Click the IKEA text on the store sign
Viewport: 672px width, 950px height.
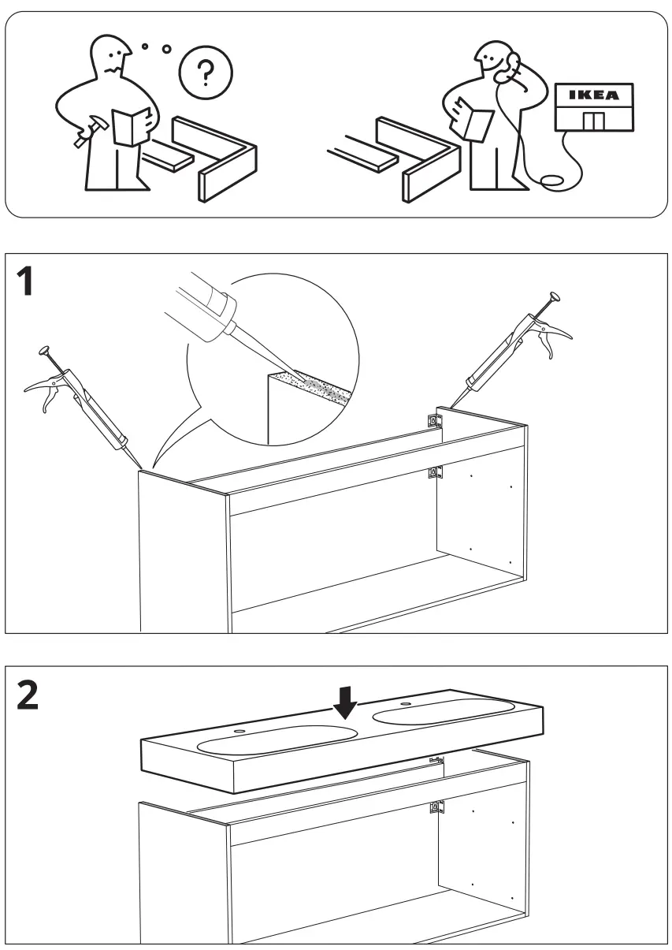click(x=595, y=95)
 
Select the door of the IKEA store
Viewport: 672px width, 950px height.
click(x=595, y=121)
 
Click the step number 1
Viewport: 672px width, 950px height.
click(x=27, y=281)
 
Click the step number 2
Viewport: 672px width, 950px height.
click(x=29, y=695)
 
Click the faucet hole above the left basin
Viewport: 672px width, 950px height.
click(x=237, y=732)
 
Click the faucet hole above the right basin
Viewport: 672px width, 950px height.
click(x=407, y=703)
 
